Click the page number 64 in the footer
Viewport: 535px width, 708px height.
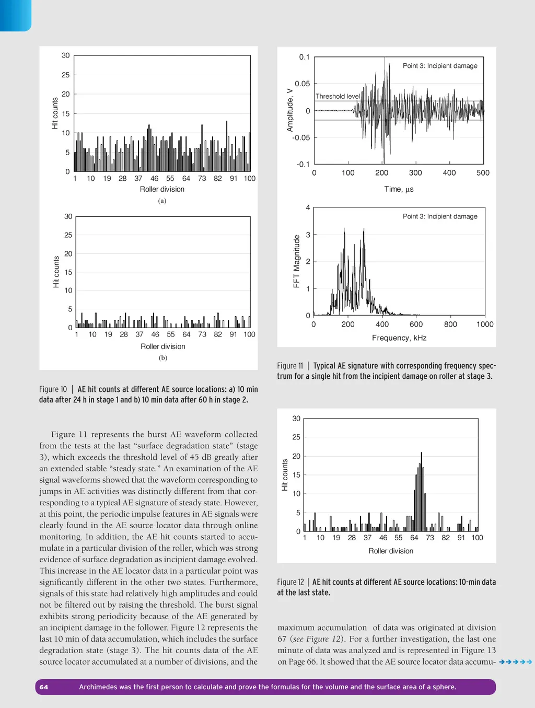(44, 687)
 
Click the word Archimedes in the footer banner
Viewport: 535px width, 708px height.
(98, 687)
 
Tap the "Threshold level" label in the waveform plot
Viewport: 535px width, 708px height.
(338, 96)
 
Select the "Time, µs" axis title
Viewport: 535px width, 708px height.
(399, 189)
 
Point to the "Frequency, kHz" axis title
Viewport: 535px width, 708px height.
(399, 338)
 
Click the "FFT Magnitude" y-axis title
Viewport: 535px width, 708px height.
(296, 261)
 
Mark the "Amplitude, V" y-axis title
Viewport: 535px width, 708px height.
(290, 110)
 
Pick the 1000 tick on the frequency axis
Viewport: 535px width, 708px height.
(485, 324)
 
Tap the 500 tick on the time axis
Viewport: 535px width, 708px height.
(483, 173)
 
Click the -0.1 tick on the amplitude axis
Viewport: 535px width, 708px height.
(303, 164)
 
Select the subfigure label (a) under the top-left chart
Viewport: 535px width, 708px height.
(162, 201)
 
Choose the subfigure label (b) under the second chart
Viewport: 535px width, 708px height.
(163, 358)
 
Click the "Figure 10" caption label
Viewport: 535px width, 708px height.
(53, 389)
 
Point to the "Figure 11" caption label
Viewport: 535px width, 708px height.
(290, 366)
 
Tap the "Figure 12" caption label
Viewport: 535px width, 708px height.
(290, 582)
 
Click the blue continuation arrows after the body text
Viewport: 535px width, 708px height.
(515, 662)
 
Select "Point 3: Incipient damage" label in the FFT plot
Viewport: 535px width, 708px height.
(440, 216)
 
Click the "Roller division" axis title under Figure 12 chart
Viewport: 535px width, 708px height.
(391, 551)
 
